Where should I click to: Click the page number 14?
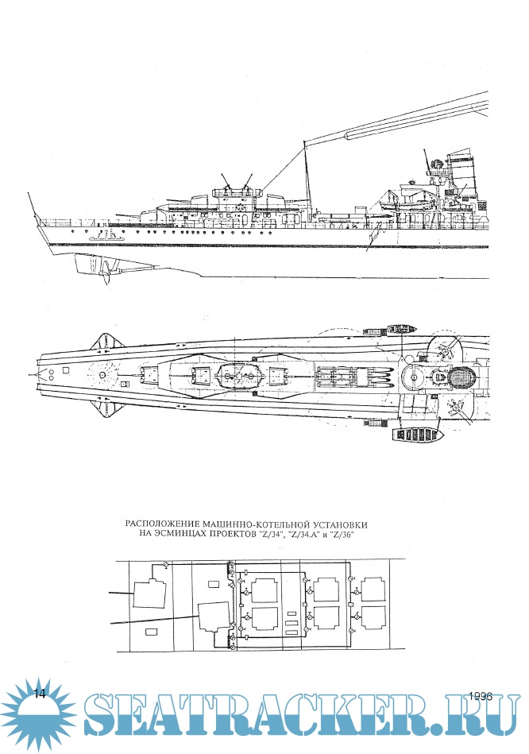click(x=41, y=694)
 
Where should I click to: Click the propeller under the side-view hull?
click(x=102, y=269)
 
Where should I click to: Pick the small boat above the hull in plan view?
click(x=397, y=327)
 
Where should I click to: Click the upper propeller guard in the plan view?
click(x=105, y=342)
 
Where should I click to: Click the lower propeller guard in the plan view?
click(x=105, y=406)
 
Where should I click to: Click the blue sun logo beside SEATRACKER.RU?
click(x=40, y=713)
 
